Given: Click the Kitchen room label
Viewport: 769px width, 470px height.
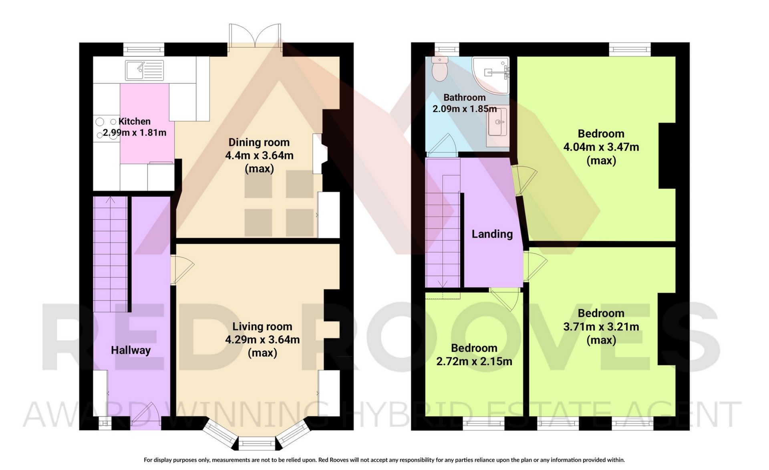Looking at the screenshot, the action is click(135, 121).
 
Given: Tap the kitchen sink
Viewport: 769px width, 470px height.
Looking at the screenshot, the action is click(144, 70).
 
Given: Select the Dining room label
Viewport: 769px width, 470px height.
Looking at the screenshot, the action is click(259, 142).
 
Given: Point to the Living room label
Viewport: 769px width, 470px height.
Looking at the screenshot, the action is click(262, 327).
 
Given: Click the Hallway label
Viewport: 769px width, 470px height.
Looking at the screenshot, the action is click(131, 350).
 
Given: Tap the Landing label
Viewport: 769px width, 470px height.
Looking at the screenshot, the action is click(492, 234).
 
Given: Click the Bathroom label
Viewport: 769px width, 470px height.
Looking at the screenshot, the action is click(465, 97).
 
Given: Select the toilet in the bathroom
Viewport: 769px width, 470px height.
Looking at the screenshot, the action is click(440, 69).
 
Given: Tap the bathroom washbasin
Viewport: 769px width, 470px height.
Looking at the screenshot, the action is click(497, 127).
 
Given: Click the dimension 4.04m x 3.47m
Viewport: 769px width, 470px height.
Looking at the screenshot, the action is click(601, 147).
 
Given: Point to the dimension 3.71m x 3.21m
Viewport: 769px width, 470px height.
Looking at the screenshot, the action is click(601, 327).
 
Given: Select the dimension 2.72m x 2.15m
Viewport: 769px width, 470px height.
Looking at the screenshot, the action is click(474, 362).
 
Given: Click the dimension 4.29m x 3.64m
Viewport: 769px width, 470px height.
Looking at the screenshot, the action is click(262, 340).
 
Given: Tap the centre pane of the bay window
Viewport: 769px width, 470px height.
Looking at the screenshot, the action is click(257, 444).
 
